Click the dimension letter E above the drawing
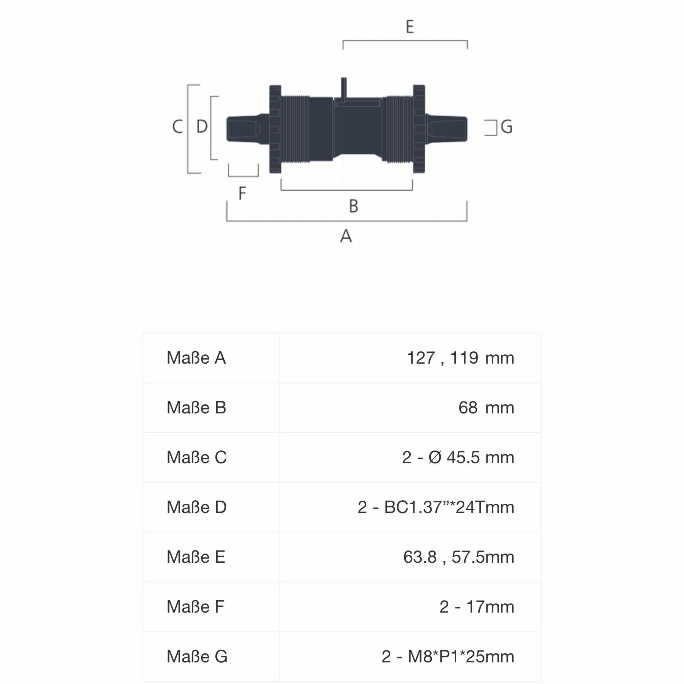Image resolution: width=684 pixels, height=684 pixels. [410, 27]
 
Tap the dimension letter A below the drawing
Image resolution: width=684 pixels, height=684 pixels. [346, 235]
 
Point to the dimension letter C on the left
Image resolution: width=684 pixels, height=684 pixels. [178, 126]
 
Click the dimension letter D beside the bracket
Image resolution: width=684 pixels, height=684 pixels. [202, 126]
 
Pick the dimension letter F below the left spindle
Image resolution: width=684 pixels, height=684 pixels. [242, 193]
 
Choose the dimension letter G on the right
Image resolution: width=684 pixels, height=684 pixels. [507, 127]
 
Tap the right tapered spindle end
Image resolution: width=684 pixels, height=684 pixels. [446, 128]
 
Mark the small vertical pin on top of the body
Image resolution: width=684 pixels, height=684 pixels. [344, 88]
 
